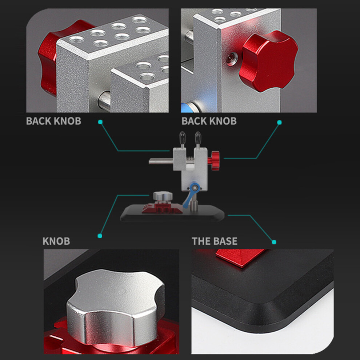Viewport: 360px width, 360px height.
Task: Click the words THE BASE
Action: [x=215, y=241]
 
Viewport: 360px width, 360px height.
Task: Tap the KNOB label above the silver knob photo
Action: [x=56, y=241]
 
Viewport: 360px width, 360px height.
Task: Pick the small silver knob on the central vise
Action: [x=163, y=196]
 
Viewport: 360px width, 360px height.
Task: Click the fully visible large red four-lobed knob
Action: [x=269, y=61]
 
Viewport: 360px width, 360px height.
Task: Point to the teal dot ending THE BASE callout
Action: [x=274, y=242]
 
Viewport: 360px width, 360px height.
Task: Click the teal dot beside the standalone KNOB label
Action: [x=100, y=236]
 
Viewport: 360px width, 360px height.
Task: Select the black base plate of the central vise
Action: [x=172, y=213]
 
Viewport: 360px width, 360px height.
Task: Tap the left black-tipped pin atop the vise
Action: [x=183, y=139]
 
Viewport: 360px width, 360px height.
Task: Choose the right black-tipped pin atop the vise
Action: [x=198, y=139]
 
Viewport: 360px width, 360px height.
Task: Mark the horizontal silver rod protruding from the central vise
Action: [x=161, y=161]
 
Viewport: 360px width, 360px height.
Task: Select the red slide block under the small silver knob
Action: [x=162, y=208]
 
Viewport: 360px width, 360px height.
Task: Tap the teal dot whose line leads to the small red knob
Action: [x=279, y=123]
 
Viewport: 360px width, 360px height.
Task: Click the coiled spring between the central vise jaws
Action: [x=190, y=158]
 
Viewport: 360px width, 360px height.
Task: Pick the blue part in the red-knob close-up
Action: [x=189, y=107]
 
